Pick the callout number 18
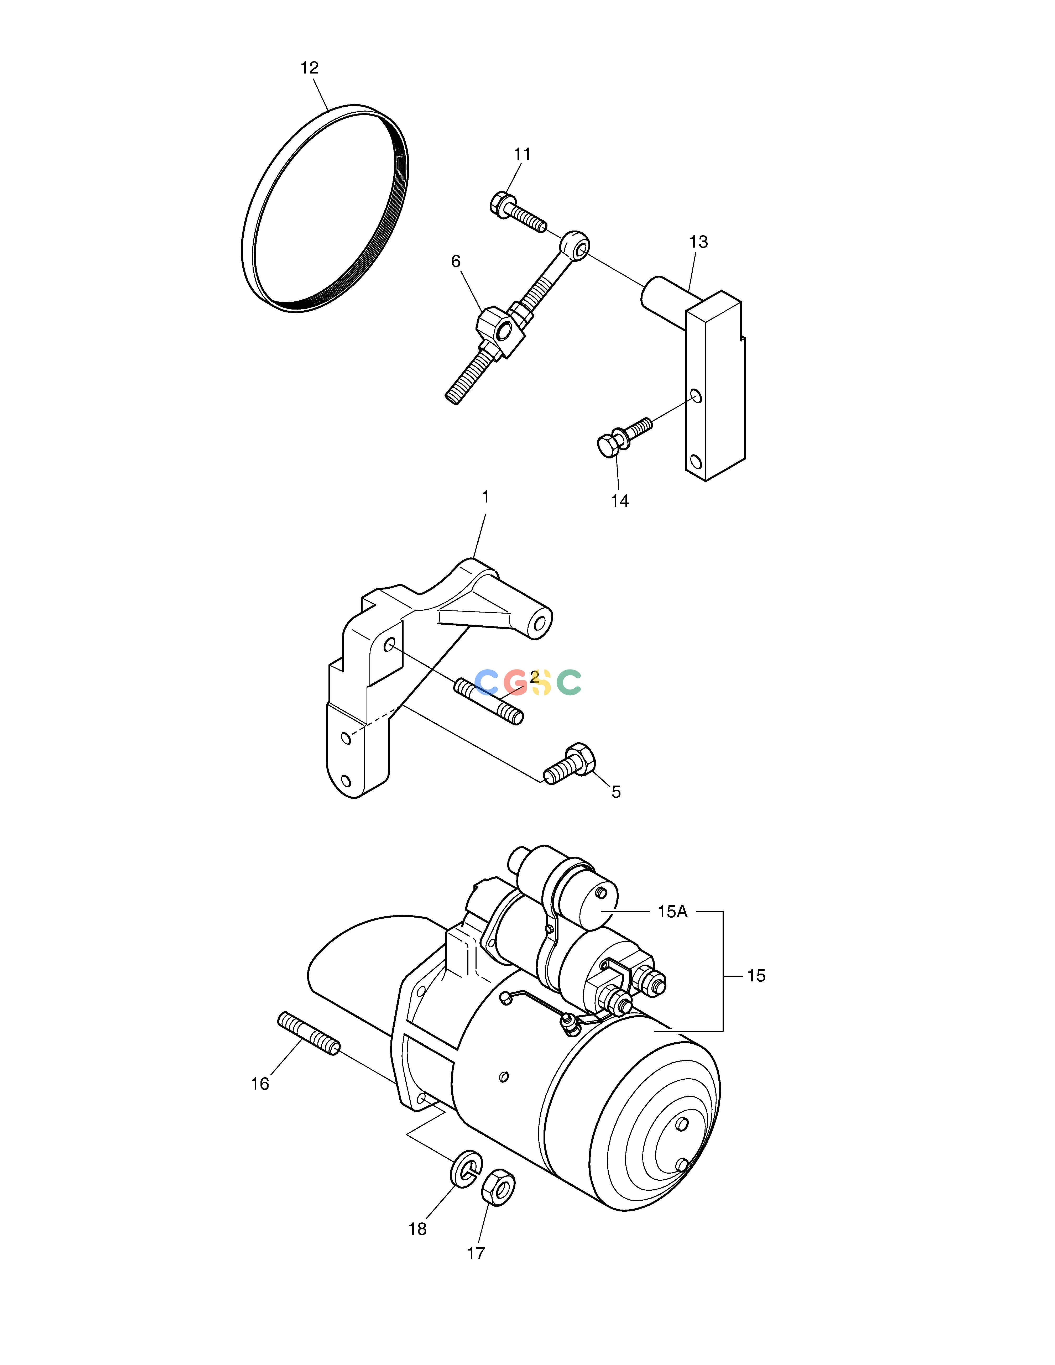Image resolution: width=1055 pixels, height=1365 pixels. pyautogui.click(x=417, y=1229)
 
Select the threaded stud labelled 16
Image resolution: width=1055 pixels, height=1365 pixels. pyautogui.click(x=309, y=1033)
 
